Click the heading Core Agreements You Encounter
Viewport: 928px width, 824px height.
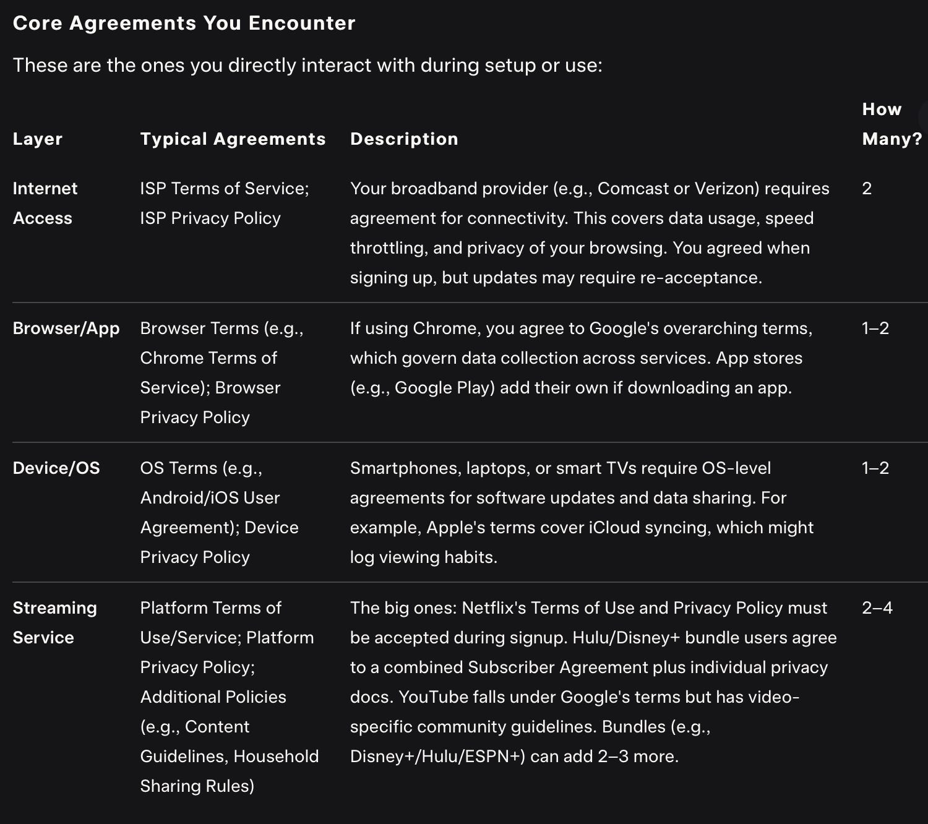tap(184, 23)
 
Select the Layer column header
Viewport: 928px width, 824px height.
tap(38, 139)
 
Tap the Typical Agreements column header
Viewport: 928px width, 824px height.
tap(233, 139)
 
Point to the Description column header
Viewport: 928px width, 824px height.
tap(404, 139)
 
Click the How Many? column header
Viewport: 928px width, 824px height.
tap(891, 124)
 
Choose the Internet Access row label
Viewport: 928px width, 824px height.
tap(45, 203)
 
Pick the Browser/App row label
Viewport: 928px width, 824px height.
tap(66, 328)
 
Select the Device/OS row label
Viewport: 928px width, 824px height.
tap(56, 468)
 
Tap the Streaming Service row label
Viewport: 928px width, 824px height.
tap(54, 622)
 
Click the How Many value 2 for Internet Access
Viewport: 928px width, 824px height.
tap(867, 188)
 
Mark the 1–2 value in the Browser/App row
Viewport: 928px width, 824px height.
tap(875, 328)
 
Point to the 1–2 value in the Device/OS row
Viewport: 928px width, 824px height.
tap(875, 468)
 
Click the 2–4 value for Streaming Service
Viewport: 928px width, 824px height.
tap(877, 607)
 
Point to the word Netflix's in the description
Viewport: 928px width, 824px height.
tap(494, 607)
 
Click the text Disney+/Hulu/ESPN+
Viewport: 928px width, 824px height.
tap(437, 756)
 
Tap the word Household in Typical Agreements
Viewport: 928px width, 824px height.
tap(276, 756)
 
